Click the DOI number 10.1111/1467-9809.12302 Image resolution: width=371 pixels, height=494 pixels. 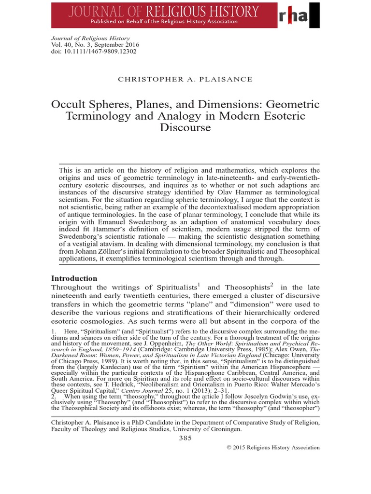[x=94, y=51]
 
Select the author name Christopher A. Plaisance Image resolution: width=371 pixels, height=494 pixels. [x=185, y=79]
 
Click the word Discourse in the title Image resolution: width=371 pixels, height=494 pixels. [x=185, y=128]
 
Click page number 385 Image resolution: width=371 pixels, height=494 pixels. [x=185, y=438]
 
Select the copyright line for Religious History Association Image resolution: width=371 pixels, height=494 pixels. [x=273, y=447]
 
